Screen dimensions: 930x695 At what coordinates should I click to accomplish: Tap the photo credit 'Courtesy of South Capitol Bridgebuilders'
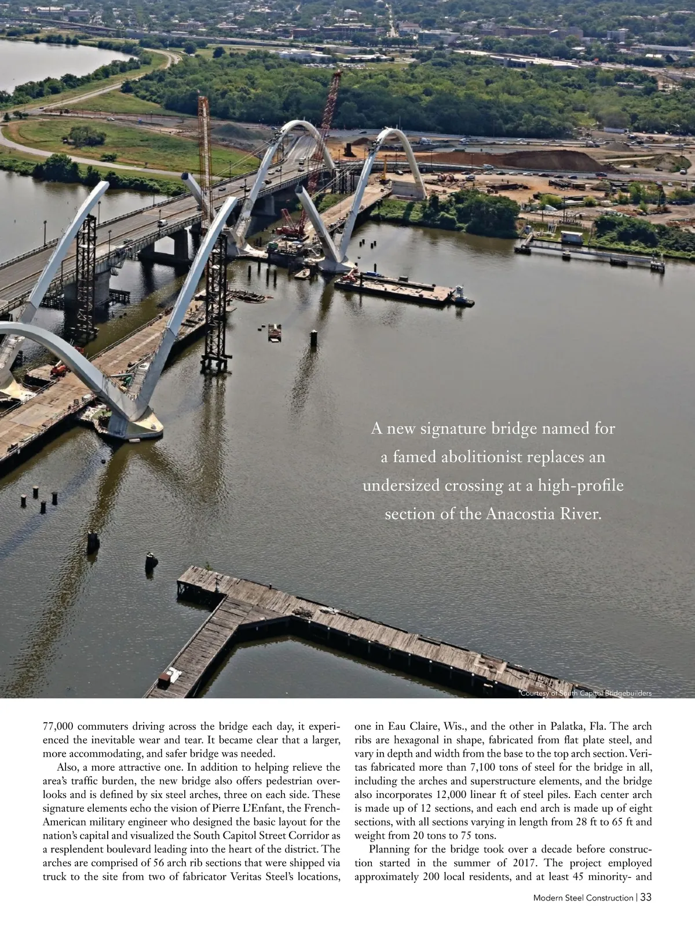click(x=586, y=693)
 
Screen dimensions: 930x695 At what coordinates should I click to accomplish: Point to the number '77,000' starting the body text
click(x=58, y=727)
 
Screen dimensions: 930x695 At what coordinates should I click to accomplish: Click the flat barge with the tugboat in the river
click(x=400, y=287)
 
